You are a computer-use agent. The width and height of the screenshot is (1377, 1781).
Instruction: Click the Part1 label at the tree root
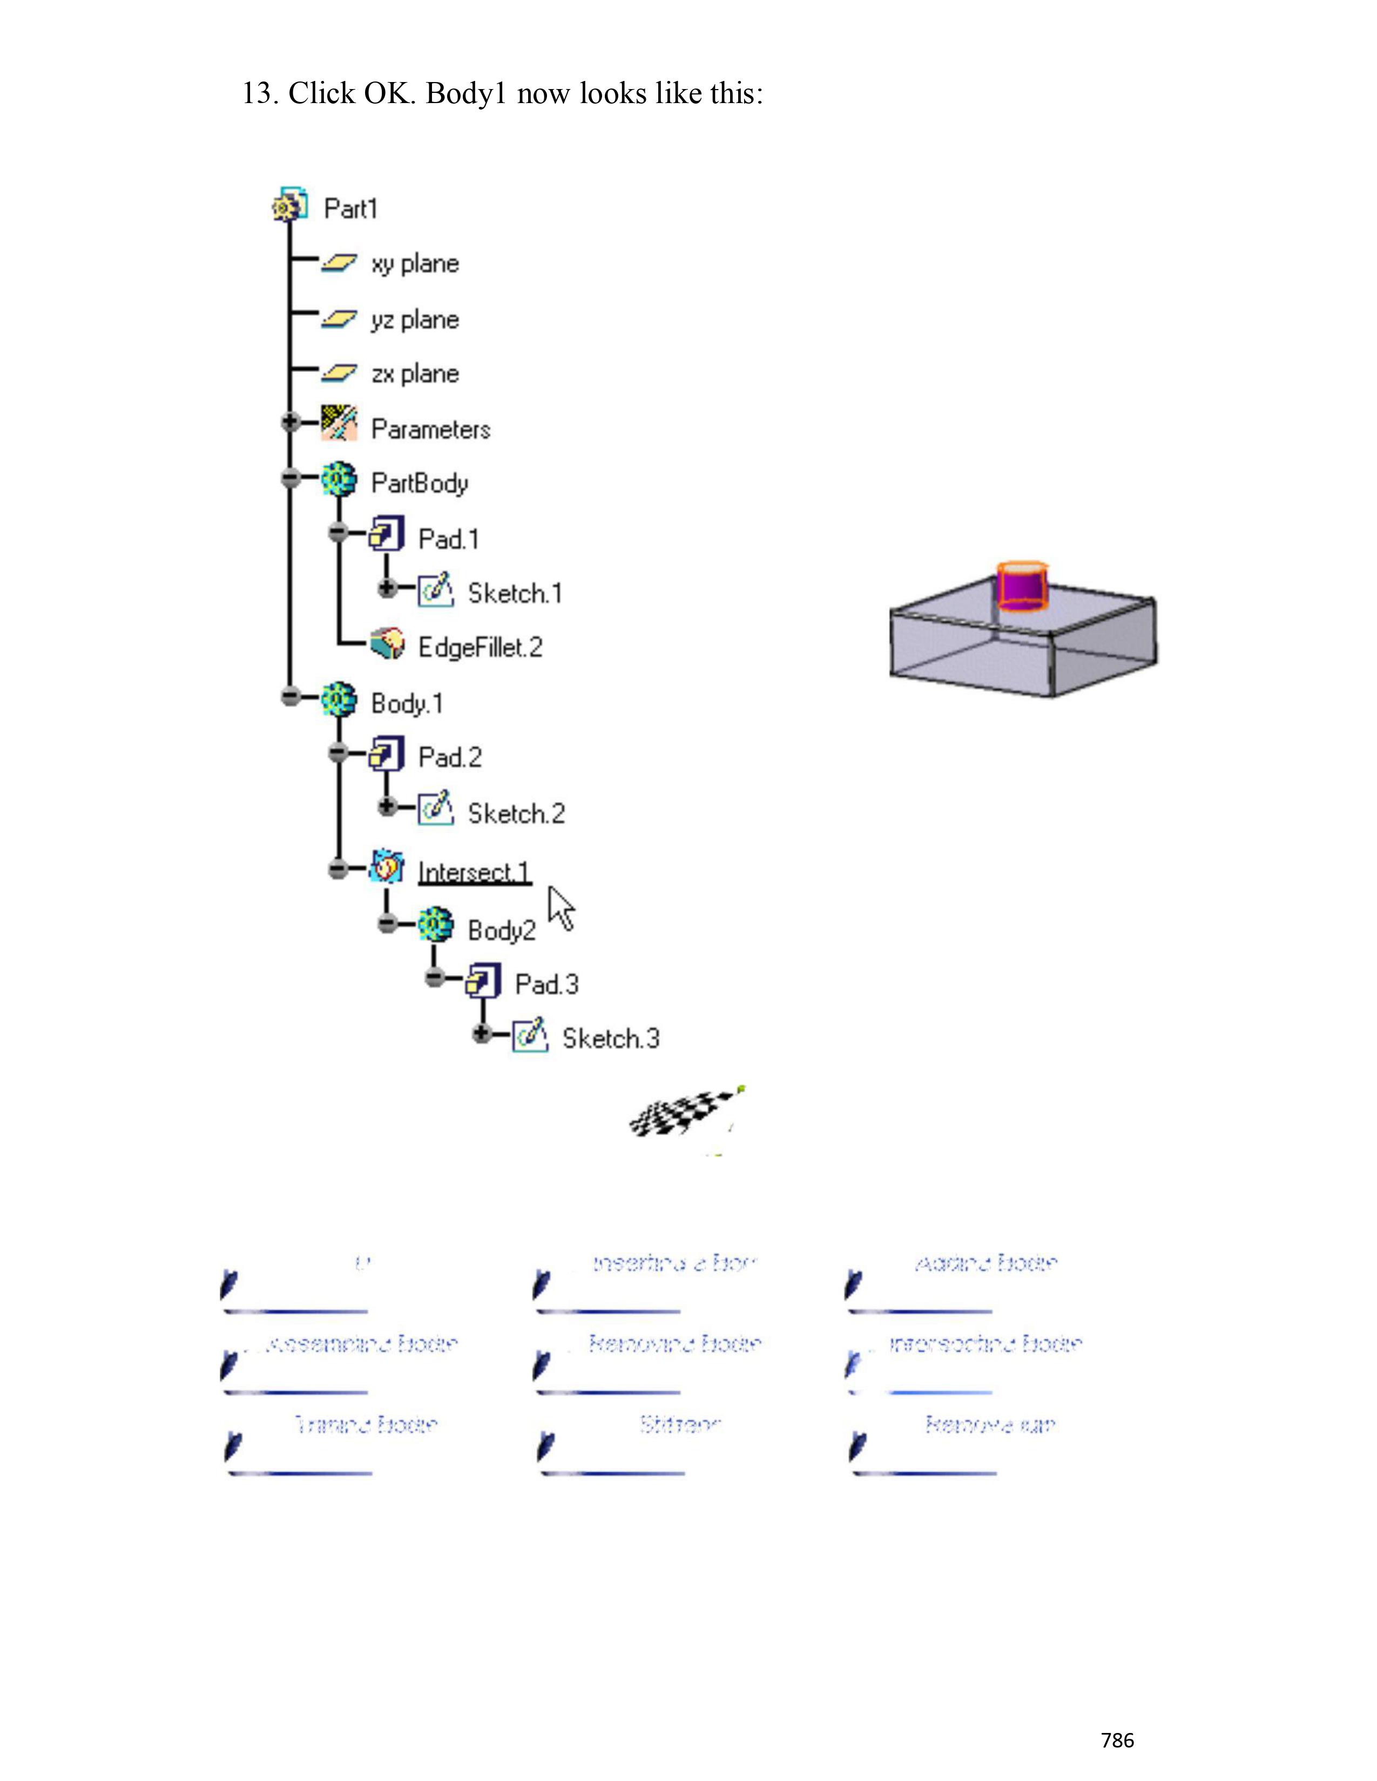tap(351, 209)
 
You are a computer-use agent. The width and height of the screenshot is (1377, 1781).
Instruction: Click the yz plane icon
tap(339, 319)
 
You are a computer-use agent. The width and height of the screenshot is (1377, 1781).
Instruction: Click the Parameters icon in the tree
tap(339, 423)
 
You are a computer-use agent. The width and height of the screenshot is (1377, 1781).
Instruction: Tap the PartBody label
tap(419, 483)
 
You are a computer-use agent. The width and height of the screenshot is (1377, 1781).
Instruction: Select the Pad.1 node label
tap(448, 539)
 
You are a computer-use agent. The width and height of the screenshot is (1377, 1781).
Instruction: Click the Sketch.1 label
tap(515, 594)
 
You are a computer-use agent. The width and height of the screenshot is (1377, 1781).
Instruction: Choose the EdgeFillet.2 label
tap(480, 648)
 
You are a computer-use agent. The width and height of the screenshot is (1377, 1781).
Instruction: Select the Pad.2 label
tap(449, 758)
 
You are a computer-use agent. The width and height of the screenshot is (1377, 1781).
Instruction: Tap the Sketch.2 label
tap(516, 814)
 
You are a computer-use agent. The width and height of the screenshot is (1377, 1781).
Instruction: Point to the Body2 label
tap(502, 930)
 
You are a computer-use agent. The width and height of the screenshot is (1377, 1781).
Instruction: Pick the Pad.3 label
tap(546, 984)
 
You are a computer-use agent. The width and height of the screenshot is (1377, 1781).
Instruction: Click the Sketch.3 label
tap(610, 1039)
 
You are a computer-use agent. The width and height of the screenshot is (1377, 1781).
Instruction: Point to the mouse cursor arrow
tap(561, 907)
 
